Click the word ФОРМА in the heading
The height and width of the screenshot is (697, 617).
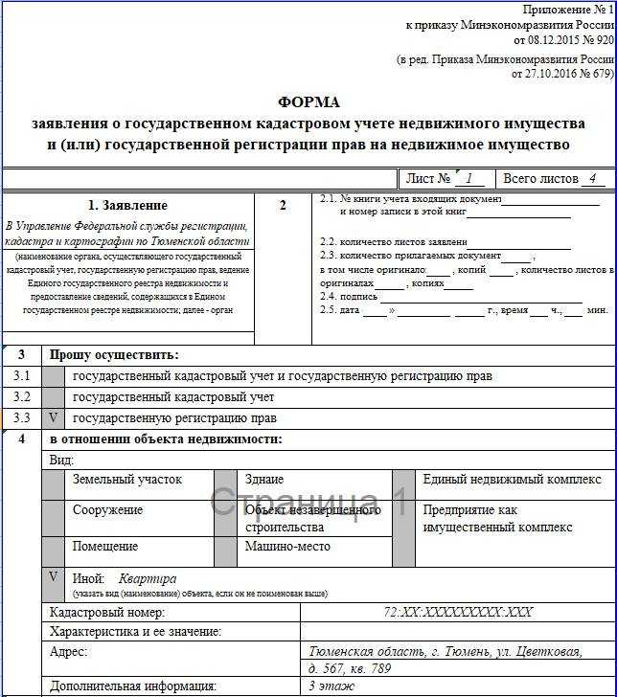[308, 102]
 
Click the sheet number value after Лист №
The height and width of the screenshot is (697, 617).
[468, 178]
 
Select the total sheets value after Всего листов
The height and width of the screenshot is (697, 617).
[593, 178]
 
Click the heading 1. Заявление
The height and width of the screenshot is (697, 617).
[127, 205]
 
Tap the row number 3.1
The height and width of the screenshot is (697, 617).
[21, 376]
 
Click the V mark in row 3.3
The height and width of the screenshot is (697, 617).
[54, 418]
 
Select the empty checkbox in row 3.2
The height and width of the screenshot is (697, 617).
[54, 397]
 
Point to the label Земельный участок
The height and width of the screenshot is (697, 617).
[126, 480]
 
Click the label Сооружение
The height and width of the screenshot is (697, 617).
[107, 510]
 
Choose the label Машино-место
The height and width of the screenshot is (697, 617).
[287, 547]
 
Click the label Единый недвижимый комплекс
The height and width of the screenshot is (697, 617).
[512, 480]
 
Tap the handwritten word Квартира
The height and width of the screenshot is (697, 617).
[148, 579]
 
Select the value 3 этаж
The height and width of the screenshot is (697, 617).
[331, 686]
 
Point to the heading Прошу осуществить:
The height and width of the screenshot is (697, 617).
[114, 354]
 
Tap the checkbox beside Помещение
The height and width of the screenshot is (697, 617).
[54, 547]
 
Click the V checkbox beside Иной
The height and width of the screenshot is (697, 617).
[54, 578]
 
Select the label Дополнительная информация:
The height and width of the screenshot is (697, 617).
[133, 686]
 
